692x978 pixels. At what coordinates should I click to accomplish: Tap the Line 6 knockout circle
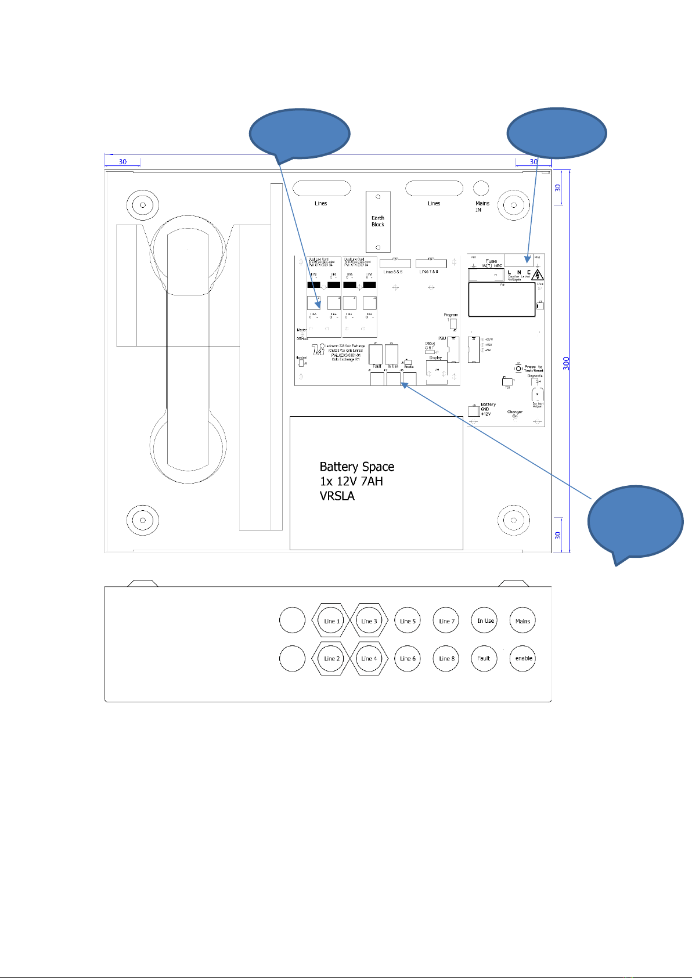point(407,658)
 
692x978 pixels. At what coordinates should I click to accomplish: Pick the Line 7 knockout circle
point(446,621)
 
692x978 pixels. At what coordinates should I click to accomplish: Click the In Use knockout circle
point(485,621)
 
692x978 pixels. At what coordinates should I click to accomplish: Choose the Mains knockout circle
point(522,621)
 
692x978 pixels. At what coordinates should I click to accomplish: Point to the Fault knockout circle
point(484,658)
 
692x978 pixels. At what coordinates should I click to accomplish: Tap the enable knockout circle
point(522,658)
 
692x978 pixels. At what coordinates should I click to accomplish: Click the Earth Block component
point(378,221)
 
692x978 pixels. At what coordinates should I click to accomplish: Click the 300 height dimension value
point(566,363)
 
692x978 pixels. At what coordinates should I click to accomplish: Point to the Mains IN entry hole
point(481,188)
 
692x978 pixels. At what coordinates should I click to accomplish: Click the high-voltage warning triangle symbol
point(538,275)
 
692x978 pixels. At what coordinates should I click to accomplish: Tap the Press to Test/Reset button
point(518,368)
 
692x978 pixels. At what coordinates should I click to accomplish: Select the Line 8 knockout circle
point(446,658)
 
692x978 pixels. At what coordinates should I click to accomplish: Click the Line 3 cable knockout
point(369,621)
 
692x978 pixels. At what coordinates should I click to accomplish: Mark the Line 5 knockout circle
point(407,621)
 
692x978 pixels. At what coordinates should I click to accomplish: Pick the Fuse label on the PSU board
point(491,262)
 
